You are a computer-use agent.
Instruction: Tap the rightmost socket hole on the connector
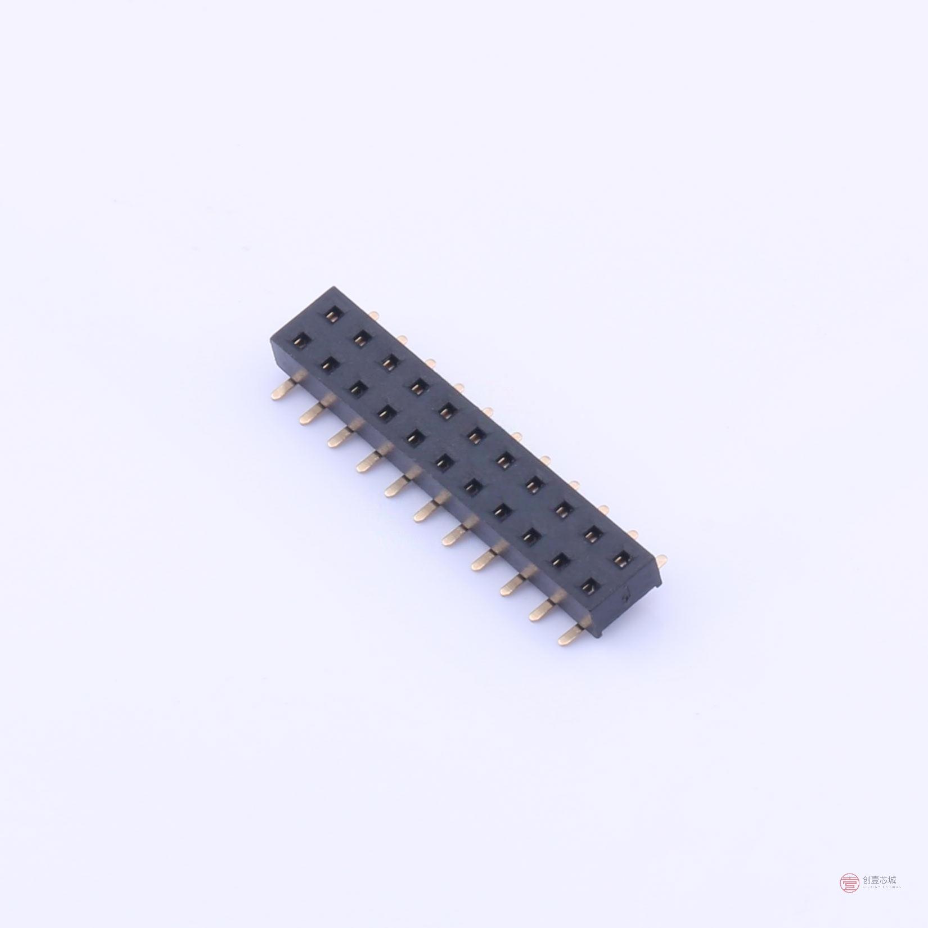click(x=621, y=558)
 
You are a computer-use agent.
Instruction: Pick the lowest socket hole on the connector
click(x=588, y=587)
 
